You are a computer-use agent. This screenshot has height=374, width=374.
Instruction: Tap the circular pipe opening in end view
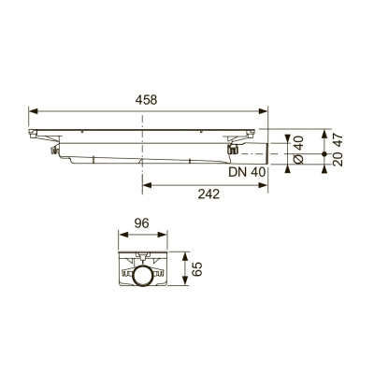coord(141,277)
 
